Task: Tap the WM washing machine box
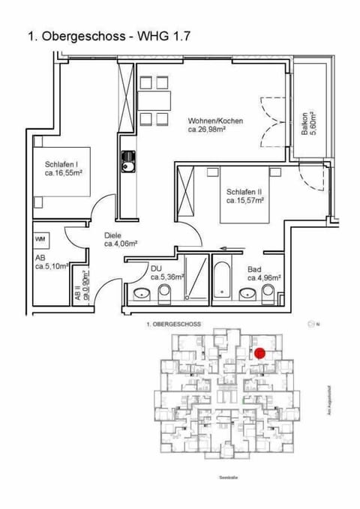click(40, 238)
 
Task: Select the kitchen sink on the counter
click(127, 159)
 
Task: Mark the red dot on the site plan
click(260, 353)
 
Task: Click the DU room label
click(156, 268)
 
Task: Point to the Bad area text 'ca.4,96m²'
click(264, 277)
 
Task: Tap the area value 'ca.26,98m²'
click(208, 128)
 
